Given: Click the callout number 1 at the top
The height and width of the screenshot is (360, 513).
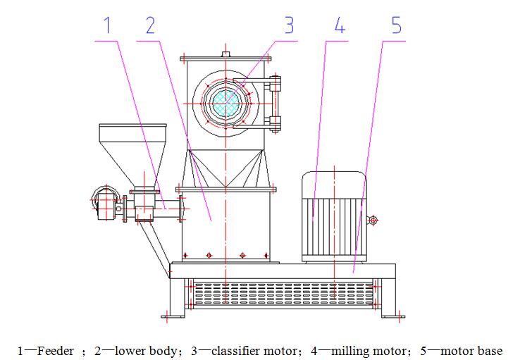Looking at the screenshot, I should pos(107,26).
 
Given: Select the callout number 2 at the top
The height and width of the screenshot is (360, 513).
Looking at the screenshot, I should pos(150,26).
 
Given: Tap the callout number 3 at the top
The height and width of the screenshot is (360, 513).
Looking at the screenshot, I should pos(289,26).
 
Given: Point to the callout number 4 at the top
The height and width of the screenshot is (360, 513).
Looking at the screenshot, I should pos(340,26).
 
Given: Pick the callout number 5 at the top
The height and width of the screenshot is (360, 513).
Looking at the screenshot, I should pos(396,26).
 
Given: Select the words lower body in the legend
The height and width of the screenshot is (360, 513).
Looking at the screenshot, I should pos(144,350).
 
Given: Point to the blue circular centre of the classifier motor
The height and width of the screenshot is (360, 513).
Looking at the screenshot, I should pos(225,103).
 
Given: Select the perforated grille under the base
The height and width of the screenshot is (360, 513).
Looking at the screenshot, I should pos(282,294).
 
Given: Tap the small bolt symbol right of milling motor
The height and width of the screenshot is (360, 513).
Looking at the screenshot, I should pos(373,221).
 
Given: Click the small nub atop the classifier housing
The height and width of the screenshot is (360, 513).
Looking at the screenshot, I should pos(225,53).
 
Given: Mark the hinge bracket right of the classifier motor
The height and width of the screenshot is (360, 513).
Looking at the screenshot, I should pos(275,102).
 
